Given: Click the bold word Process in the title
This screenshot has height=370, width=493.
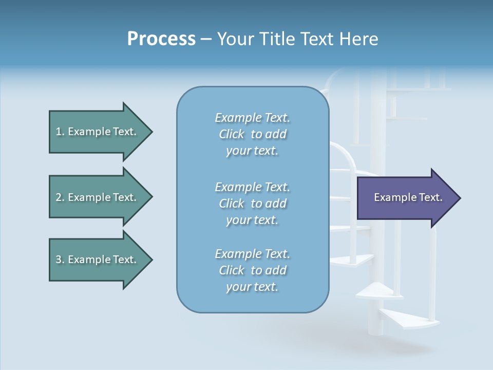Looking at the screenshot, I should [161, 39].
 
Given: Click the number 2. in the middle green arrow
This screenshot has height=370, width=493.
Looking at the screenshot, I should [60, 197].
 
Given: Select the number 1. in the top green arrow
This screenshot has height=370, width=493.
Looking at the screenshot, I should [60, 132].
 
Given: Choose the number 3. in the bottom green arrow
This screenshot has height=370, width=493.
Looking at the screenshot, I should [60, 260].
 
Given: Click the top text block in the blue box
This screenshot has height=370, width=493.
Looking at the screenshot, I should [252, 134].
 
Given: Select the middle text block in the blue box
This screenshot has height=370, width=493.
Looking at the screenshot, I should [252, 203].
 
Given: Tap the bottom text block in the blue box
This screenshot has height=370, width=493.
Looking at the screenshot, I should [252, 270].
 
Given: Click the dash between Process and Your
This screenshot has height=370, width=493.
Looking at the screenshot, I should [206, 40].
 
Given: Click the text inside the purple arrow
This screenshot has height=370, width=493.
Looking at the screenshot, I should [408, 197].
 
